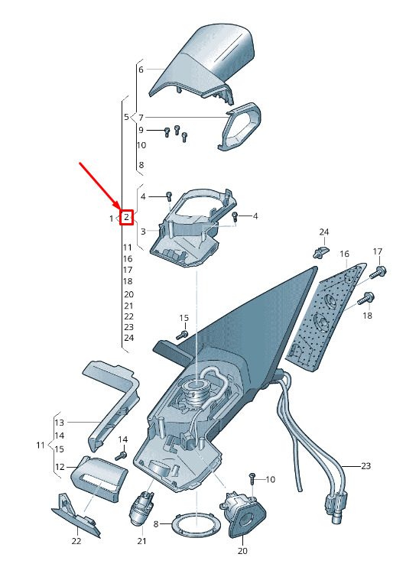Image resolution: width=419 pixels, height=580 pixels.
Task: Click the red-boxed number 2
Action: point(127,217)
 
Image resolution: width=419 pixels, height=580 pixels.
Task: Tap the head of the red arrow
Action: point(119,209)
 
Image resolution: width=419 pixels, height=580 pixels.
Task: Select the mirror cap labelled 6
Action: point(202,64)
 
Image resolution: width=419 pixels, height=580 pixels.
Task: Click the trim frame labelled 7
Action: point(239,126)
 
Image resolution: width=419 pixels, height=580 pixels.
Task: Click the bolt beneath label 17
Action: point(378,272)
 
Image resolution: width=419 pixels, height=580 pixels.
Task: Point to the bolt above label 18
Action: point(366,298)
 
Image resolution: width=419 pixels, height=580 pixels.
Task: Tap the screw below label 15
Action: point(183,335)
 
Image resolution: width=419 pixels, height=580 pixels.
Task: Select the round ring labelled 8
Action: point(195,525)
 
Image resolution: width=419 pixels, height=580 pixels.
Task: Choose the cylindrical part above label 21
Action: point(141,508)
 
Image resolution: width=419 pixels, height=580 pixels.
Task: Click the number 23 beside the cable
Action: point(365,465)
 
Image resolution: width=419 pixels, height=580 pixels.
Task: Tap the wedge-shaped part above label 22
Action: point(76,514)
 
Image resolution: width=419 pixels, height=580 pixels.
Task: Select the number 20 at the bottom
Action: point(242,551)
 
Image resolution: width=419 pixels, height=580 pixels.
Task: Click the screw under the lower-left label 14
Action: point(121,455)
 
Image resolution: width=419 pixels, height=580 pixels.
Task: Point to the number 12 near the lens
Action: point(60,467)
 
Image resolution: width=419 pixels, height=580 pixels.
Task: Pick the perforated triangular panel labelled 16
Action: point(326,317)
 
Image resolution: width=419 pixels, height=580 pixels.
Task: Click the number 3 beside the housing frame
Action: point(143,232)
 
